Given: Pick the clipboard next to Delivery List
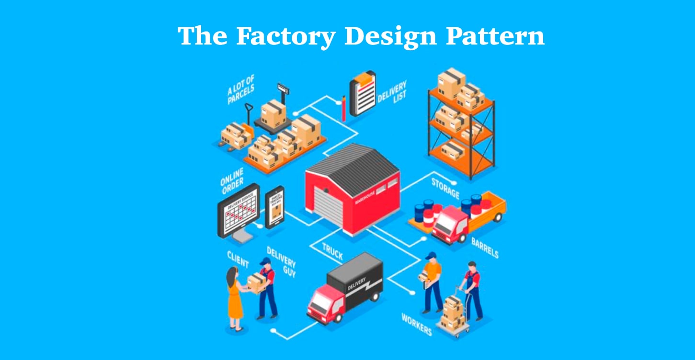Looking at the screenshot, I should [363, 93].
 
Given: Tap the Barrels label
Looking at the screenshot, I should [484, 247].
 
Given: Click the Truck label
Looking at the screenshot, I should [332, 252].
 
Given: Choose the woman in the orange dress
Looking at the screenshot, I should [235, 299].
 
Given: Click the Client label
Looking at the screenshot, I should [238, 259].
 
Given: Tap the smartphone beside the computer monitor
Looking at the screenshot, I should [275, 207].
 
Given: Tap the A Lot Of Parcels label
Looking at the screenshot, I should [241, 89].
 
